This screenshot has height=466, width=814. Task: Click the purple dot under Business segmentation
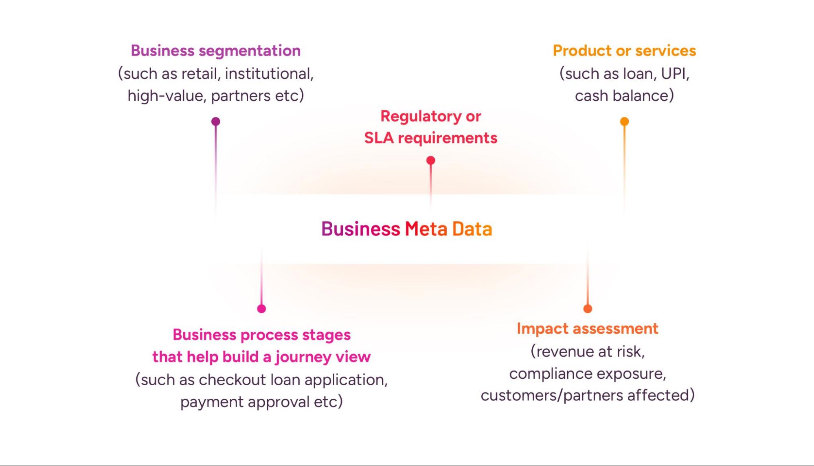click(x=216, y=121)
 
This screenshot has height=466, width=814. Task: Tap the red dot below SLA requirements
click(x=430, y=161)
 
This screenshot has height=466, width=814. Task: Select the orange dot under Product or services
click(x=624, y=121)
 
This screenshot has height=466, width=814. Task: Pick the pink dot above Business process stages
click(x=261, y=309)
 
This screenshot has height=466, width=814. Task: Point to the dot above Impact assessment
click(x=588, y=309)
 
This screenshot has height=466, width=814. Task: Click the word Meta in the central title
click(x=426, y=229)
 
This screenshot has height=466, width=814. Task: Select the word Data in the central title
click(x=472, y=229)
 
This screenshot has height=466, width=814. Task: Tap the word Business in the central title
click(x=361, y=229)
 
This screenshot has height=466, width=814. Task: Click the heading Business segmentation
click(x=215, y=51)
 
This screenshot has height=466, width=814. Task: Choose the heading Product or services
click(x=624, y=51)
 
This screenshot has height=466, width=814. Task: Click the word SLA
click(x=379, y=138)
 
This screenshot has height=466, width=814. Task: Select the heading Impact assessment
click(x=587, y=329)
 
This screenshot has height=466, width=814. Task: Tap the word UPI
click(x=675, y=74)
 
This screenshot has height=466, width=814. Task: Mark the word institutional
click(x=269, y=74)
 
